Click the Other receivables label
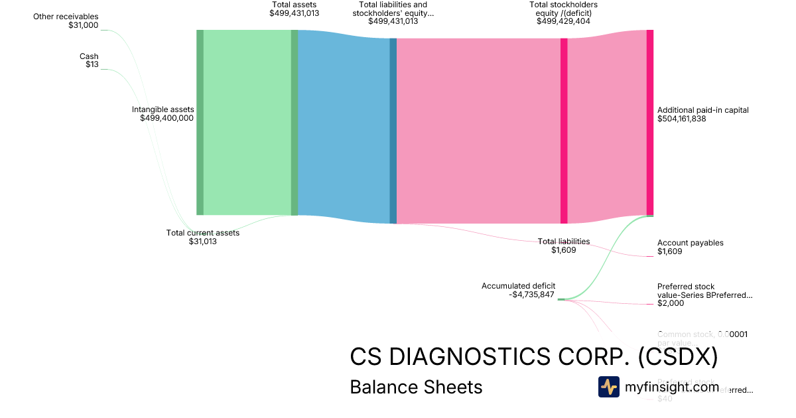(x=66, y=16)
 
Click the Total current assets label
(x=202, y=233)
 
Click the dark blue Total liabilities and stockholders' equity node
(x=393, y=131)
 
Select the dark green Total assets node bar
(x=295, y=123)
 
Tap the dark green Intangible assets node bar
(x=200, y=123)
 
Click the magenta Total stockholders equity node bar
(x=564, y=131)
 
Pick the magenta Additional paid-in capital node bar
(x=650, y=123)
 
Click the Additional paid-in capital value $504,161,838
(x=691, y=119)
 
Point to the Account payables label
(x=690, y=243)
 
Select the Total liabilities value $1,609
(x=564, y=250)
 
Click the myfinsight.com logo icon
(x=608, y=387)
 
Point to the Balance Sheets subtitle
(x=416, y=387)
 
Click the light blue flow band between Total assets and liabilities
(x=344, y=126)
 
